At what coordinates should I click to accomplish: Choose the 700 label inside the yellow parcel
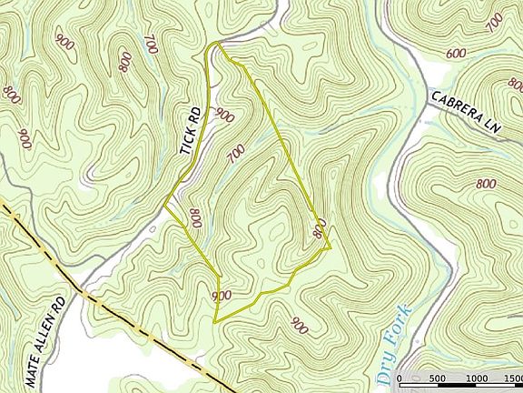click(x=236, y=155)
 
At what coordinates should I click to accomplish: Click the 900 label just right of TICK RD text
click(x=223, y=116)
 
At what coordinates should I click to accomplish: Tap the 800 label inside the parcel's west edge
click(x=195, y=218)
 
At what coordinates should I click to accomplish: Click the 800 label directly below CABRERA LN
click(x=486, y=184)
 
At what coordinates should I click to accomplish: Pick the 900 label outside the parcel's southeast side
click(x=297, y=323)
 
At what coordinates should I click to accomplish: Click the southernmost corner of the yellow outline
click(x=214, y=322)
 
